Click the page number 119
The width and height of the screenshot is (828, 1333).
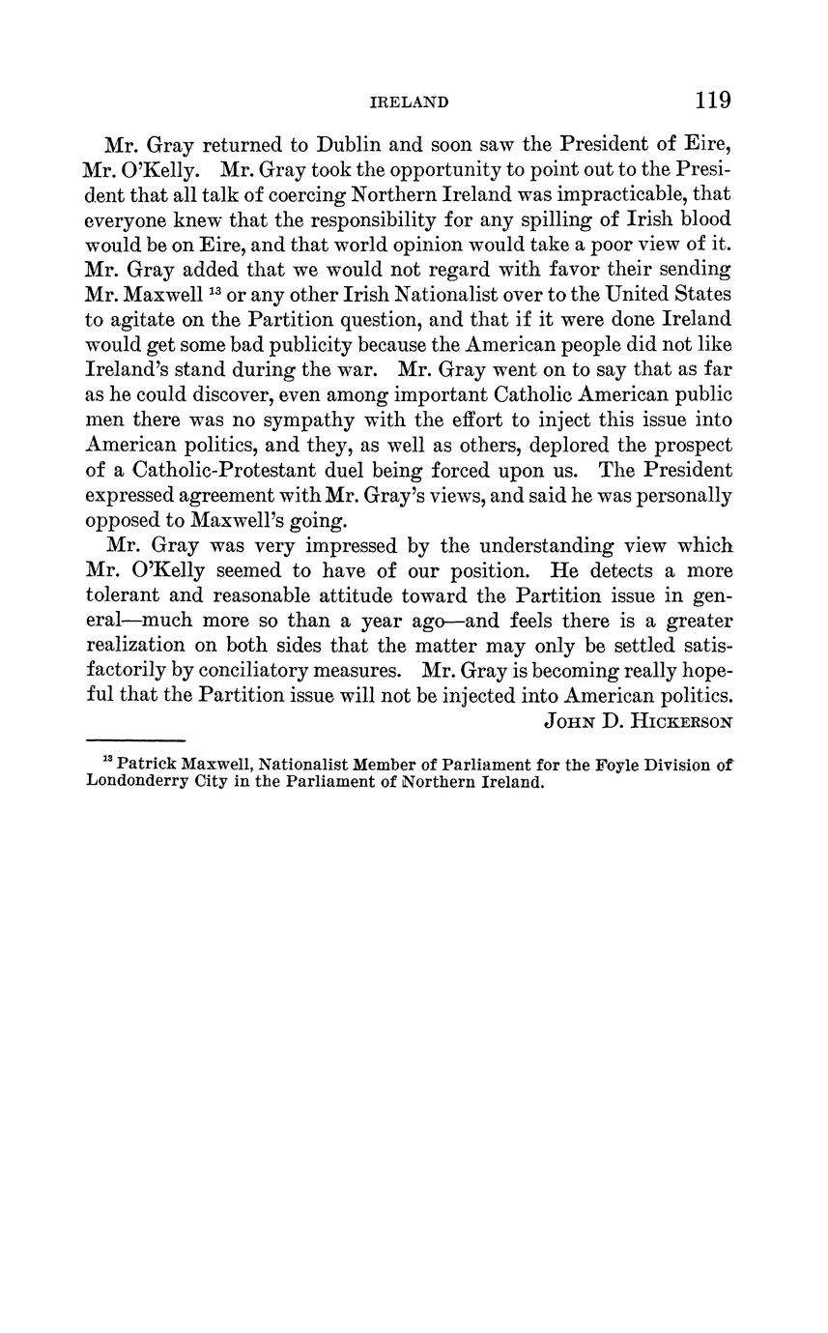coord(711,101)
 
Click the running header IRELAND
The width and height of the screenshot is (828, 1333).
coord(410,102)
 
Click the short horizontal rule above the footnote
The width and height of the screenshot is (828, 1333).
coord(135,739)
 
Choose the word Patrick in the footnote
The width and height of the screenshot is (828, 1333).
coord(150,765)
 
